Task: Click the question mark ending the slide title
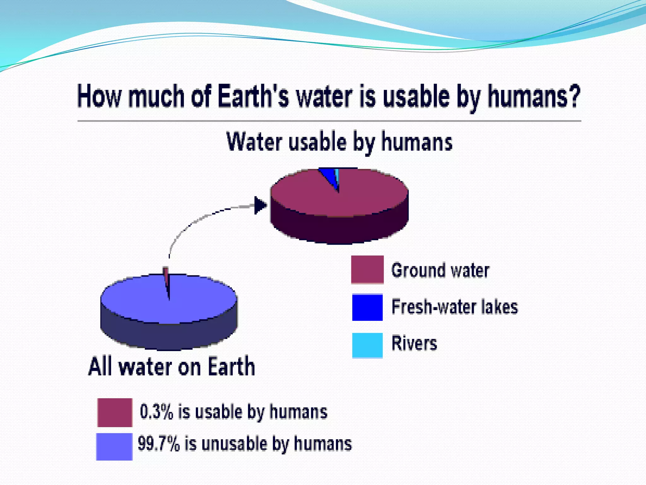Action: point(573,96)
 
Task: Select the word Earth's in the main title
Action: point(253,96)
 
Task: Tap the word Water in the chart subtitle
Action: point(254,142)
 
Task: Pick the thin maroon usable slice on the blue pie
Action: point(166,278)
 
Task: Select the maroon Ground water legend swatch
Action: point(367,269)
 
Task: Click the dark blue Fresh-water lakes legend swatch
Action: point(367,307)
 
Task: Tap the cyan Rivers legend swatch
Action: point(367,345)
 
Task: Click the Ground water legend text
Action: point(440,271)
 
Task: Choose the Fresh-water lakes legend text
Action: point(455,307)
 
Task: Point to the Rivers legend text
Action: point(414,343)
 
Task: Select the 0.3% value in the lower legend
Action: point(156,412)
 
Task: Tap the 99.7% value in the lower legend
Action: point(158,443)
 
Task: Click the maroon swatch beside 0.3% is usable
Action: point(115,412)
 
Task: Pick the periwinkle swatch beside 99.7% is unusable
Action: point(114,446)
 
